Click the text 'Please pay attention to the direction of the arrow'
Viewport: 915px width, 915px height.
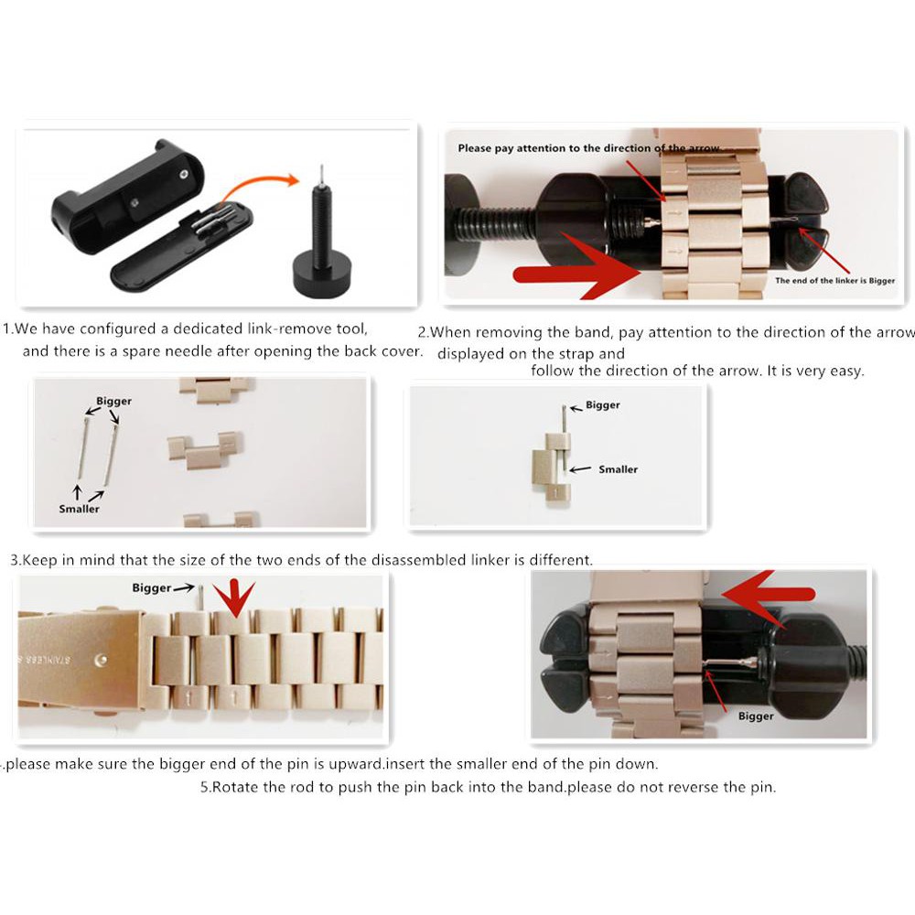588,148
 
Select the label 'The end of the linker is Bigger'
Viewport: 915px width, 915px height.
834,281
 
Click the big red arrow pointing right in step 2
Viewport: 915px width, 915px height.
577,268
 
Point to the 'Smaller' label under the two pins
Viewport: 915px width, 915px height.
79,509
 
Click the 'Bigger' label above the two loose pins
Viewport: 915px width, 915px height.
113,401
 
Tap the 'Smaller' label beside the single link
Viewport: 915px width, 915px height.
618,469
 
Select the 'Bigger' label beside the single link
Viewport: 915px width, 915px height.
603,405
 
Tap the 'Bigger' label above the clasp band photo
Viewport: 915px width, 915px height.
152,587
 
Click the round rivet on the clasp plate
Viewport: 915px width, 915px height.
101,660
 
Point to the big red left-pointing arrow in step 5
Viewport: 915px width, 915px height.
768,594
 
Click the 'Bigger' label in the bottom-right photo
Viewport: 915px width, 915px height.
756,716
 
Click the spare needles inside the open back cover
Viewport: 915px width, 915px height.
213,220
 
